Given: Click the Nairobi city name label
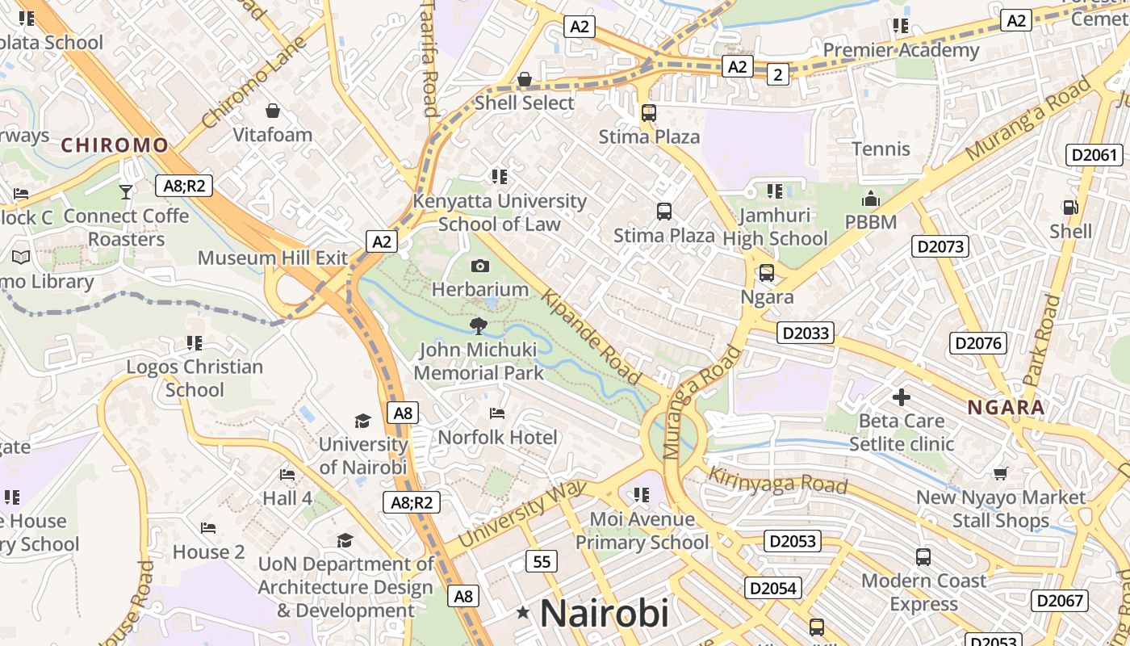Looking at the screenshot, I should [x=604, y=613].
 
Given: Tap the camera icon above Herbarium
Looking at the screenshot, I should [x=480, y=266].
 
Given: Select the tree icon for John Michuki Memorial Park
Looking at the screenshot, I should [x=479, y=326].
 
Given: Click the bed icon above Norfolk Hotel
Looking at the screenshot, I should [x=497, y=413].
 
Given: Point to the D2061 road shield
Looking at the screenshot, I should [x=1094, y=155].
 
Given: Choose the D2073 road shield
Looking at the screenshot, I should [x=940, y=246].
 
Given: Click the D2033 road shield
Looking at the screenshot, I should [x=806, y=333].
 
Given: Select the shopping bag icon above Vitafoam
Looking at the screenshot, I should [x=273, y=111].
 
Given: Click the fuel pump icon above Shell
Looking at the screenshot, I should [x=1070, y=208].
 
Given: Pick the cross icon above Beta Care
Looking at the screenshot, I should [x=902, y=397].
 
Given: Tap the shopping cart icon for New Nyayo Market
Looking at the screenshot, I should [x=1001, y=473].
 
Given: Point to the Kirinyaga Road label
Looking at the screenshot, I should [x=778, y=480].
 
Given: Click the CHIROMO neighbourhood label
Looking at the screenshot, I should [x=115, y=145].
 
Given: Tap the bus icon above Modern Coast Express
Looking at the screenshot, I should [x=923, y=556].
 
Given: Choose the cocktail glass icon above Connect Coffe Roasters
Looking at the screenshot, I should [x=125, y=191].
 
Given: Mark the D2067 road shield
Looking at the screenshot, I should [x=1060, y=600].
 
